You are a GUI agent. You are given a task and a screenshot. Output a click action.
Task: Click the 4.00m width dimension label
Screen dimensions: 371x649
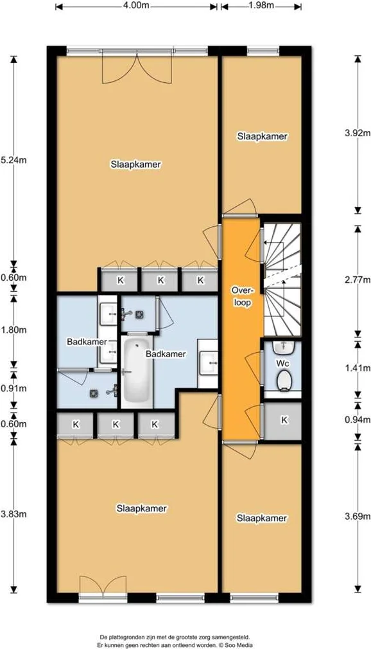(x=135, y=5)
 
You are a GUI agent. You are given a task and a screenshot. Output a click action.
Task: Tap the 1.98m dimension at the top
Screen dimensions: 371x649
(x=261, y=5)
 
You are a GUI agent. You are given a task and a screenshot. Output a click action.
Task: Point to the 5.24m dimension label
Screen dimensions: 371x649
(x=13, y=161)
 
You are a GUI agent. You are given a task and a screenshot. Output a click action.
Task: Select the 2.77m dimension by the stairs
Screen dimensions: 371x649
(x=358, y=280)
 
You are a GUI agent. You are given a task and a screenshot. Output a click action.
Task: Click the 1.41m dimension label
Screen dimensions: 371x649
(x=358, y=368)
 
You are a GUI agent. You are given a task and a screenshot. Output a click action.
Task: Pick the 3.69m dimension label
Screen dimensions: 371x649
(x=358, y=517)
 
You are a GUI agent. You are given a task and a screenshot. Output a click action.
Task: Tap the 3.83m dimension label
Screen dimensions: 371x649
(x=13, y=514)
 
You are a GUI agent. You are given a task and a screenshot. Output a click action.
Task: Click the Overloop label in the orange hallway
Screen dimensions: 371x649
(x=242, y=296)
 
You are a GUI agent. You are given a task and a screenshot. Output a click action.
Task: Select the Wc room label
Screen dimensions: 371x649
(x=282, y=363)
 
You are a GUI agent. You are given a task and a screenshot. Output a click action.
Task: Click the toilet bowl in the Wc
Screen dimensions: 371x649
(x=284, y=380)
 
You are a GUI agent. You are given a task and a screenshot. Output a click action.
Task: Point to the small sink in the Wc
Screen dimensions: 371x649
(x=284, y=347)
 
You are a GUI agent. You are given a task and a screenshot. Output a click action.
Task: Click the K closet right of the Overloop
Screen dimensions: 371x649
(x=284, y=420)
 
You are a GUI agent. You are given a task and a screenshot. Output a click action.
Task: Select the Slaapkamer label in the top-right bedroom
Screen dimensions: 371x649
(x=263, y=137)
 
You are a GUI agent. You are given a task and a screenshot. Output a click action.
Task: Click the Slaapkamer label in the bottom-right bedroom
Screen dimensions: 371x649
(x=262, y=518)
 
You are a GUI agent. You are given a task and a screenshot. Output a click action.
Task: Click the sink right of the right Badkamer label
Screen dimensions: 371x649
(x=208, y=363)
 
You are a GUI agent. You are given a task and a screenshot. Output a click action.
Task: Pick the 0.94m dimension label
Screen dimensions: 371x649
(x=358, y=420)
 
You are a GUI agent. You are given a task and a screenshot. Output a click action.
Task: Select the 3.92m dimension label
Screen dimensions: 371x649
(x=358, y=133)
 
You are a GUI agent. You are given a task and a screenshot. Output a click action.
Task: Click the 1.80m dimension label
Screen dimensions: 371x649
(x=13, y=330)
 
